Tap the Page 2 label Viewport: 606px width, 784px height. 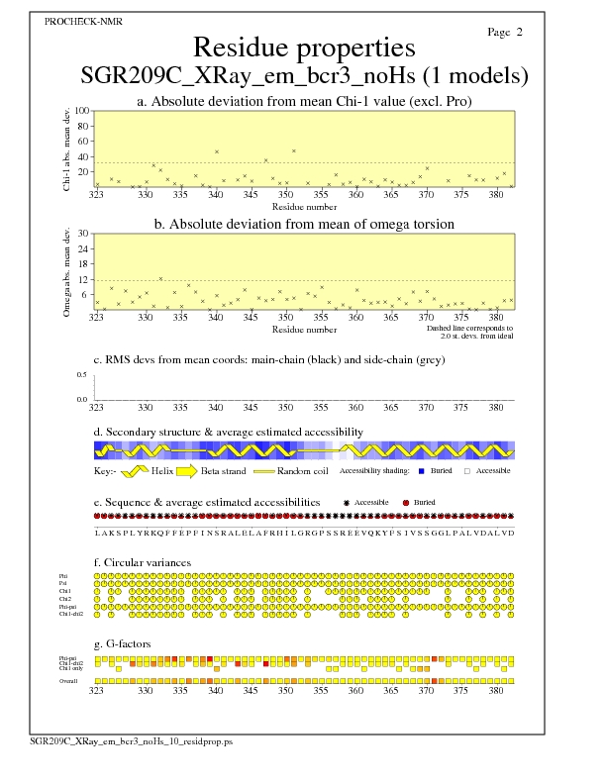[505, 32]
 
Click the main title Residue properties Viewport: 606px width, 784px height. [303, 48]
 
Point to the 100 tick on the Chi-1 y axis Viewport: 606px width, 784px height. [82, 111]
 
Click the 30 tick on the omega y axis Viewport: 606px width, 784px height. [84, 234]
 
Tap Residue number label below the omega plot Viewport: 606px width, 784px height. [304, 328]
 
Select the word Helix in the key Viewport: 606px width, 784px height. [162, 470]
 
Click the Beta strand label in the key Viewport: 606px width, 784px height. [224, 470]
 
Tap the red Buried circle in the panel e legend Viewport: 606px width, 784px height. [406, 503]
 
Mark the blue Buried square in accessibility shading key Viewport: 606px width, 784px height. [422, 470]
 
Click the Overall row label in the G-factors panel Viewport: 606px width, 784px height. [69, 681]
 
